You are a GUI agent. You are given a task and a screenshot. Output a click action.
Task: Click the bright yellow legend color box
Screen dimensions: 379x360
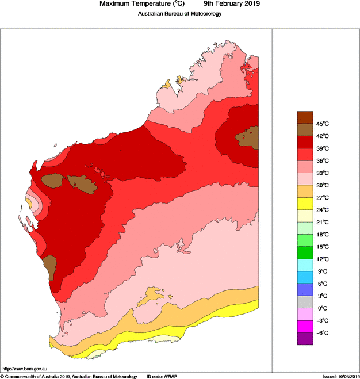point(305,204)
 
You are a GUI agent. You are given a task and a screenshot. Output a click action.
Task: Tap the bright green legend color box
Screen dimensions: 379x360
point(305,252)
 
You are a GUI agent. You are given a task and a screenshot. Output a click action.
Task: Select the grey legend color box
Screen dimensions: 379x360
point(305,302)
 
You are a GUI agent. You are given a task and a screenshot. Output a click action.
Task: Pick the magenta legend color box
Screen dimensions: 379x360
point(305,327)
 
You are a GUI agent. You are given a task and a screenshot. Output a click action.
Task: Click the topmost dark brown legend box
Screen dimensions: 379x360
point(305,117)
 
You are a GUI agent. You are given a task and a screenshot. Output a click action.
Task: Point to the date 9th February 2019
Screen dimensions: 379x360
point(228,4)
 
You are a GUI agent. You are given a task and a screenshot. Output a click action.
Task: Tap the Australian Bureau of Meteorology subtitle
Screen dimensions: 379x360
point(179,14)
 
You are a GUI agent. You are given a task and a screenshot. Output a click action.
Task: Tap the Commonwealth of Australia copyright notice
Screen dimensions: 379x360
point(69,376)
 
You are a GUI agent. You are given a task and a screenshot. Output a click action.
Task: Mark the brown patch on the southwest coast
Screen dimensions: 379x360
point(49,265)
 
